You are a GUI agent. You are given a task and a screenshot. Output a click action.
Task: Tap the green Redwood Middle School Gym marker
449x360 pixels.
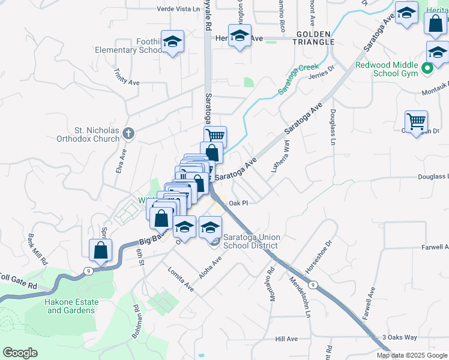427,68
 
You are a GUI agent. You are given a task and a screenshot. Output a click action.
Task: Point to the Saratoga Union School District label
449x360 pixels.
250,241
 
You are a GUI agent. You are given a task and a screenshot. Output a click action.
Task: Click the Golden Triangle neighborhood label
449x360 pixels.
314,38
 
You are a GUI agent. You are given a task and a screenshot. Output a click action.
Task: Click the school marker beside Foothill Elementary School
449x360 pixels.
173,42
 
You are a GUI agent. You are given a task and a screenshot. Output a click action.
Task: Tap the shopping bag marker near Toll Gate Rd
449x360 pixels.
100,251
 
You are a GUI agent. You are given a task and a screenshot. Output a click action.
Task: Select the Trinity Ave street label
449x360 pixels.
127,76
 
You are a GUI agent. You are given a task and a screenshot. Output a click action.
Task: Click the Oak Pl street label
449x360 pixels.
238,203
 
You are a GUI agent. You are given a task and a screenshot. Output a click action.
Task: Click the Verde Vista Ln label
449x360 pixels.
178,9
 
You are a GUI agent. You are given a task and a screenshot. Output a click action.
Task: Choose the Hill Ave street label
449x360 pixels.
287,339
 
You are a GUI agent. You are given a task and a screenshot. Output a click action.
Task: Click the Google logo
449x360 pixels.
20,353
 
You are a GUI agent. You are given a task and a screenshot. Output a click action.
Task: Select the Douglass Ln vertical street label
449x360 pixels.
332,127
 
